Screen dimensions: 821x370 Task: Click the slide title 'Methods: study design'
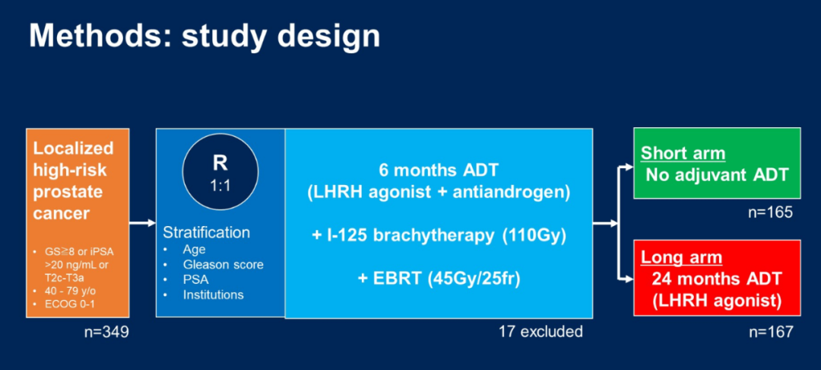point(204,36)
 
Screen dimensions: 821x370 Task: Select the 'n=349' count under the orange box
point(107,332)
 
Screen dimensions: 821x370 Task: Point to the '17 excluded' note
point(540,332)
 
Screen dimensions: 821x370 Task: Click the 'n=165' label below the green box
point(771,212)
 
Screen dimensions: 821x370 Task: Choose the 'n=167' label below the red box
point(771,332)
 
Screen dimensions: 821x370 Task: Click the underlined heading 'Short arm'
point(683,154)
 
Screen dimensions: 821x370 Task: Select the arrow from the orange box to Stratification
point(142,224)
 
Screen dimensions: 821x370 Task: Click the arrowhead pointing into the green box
point(629,167)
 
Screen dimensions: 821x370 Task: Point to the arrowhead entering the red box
point(629,280)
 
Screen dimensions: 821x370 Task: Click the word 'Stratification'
point(206,233)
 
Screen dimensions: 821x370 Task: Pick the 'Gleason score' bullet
point(223,265)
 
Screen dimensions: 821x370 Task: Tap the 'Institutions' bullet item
point(213,295)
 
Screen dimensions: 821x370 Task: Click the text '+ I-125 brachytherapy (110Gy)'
point(439,236)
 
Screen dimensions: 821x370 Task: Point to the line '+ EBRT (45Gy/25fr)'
point(439,279)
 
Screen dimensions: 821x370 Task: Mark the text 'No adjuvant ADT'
point(717,174)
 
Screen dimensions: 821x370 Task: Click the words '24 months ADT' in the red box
point(717,279)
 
